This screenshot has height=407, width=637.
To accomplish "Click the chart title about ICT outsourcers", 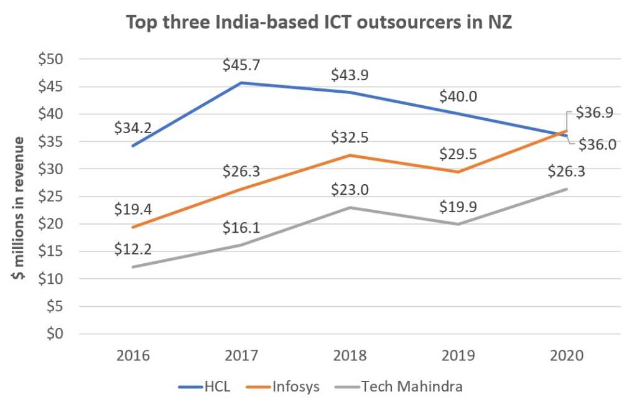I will pos(318,24).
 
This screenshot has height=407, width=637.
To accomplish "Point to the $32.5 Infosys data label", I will pos(351,137).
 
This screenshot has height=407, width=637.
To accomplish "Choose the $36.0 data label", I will pos(599,144).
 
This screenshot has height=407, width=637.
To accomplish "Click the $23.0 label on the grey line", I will pos(351,190).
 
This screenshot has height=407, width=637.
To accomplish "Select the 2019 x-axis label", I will pos(458,356).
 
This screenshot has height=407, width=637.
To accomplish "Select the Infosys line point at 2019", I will pos(458,172).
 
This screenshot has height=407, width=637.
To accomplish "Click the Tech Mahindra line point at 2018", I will pos(351,207).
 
